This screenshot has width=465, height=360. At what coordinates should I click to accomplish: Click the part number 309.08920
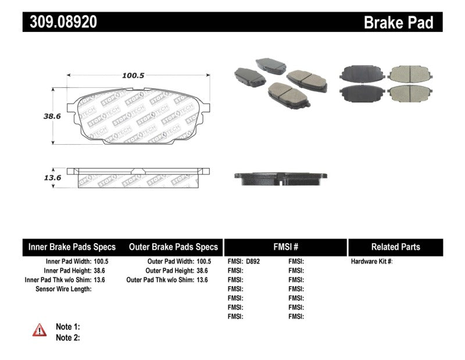pos(60,22)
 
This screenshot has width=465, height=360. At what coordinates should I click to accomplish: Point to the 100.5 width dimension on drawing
pos(133,75)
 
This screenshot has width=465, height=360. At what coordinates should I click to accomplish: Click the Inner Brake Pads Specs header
pos(72,247)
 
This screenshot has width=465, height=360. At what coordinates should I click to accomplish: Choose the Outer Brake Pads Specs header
pos(173,247)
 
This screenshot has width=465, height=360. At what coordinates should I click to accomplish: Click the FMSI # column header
pos(285,247)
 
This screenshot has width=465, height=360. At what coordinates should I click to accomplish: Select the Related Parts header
pos(395,247)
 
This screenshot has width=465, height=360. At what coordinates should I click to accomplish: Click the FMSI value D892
pos(252,262)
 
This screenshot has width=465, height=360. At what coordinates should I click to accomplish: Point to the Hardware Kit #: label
pos(371,262)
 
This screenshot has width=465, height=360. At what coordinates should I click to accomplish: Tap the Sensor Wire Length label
pos(63,289)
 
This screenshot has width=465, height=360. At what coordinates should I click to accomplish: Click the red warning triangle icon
pos(39,330)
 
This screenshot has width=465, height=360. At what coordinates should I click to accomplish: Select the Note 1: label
pos(67,326)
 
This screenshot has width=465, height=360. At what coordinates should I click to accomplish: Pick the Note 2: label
pos(67,337)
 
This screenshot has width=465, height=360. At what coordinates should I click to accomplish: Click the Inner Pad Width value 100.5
pos(101,262)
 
